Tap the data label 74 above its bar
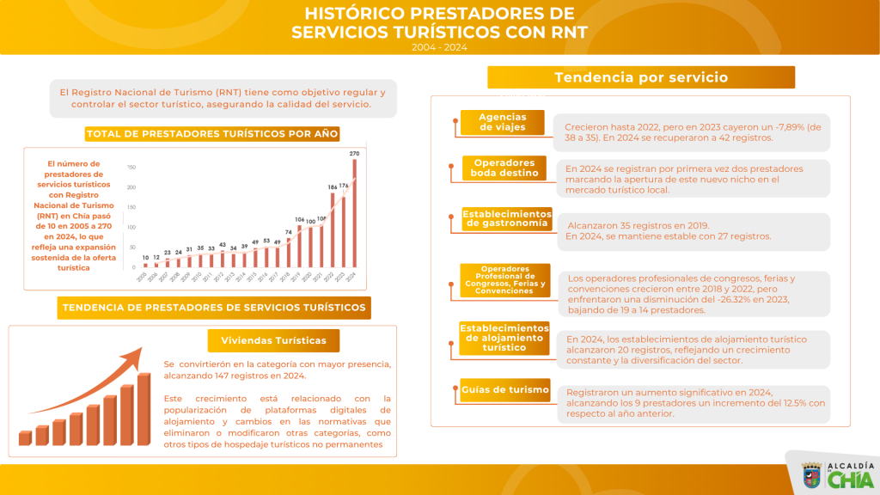pos(288,232)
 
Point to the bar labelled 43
pos(222,259)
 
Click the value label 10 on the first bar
pos(145,257)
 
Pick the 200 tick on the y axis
pos(131,187)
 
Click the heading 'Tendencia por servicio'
pos(640,77)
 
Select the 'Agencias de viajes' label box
pos(503,122)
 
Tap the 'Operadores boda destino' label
pos(504,168)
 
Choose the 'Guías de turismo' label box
pos(504,390)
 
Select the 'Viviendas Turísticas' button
pos(273,340)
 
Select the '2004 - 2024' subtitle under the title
pos(439,47)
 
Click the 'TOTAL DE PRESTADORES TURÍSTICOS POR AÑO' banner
pos(212,133)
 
